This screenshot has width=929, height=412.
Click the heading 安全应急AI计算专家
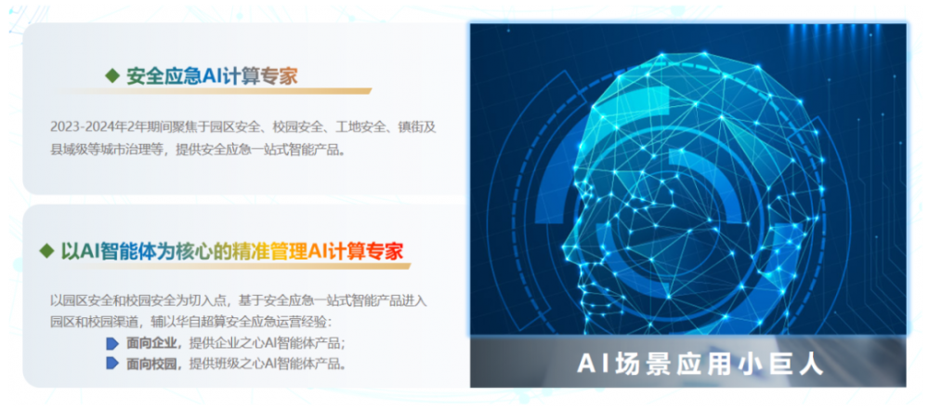212,76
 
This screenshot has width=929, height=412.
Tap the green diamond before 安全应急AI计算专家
111,76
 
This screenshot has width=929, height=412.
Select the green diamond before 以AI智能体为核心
46,251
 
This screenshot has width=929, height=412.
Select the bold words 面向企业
151,343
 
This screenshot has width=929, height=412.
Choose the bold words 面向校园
151,364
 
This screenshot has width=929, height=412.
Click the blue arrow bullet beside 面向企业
112,343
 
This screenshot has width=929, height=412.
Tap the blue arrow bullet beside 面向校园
112,364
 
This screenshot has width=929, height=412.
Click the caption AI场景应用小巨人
700,364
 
